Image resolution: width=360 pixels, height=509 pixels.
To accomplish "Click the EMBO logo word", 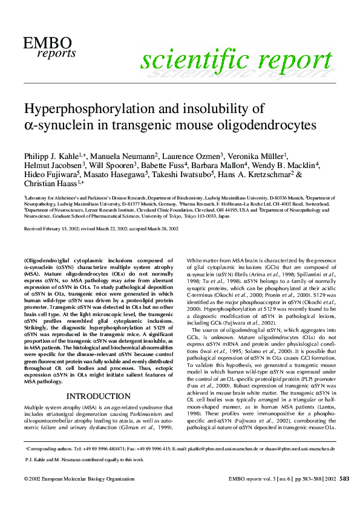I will (x=47, y=42).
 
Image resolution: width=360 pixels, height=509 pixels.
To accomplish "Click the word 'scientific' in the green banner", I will (x=181, y=60).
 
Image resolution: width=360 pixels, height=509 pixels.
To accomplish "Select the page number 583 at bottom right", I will (x=344, y=478).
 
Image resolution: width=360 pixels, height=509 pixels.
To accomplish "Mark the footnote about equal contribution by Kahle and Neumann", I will (x=84, y=459).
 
